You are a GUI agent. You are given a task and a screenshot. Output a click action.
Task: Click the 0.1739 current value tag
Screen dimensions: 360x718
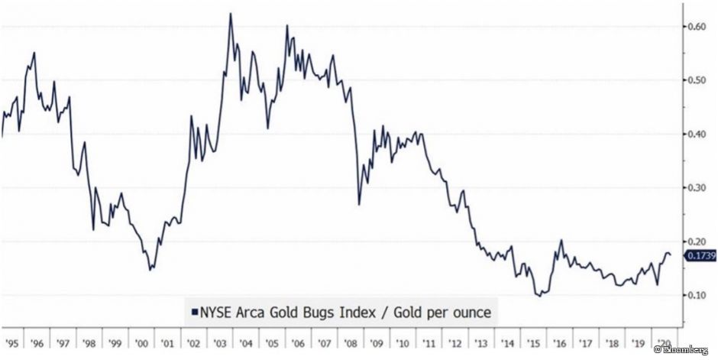[x=701, y=257]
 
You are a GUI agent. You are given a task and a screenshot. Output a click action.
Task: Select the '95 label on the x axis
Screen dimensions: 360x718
[x=11, y=343]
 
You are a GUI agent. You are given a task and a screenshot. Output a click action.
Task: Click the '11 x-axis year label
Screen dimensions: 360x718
[x=430, y=343]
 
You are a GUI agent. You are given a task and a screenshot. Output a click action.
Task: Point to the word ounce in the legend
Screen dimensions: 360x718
[x=468, y=312]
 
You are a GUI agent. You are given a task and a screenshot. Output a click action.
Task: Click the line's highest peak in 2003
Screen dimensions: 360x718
[x=230, y=14]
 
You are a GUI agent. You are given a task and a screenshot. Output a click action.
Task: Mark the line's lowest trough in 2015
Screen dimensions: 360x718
[x=539, y=295]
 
